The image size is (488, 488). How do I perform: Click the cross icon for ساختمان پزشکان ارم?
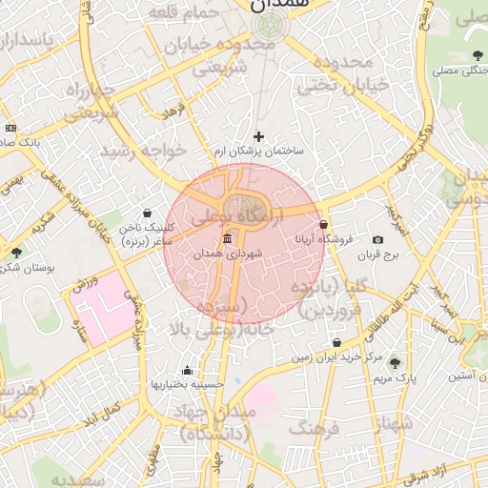tap(257, 136)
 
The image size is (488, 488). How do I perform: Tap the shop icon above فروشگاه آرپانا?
tap(324, 225)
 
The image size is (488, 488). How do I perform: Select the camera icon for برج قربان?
tap(378, 239)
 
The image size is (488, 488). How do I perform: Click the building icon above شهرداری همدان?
tap(227, 239)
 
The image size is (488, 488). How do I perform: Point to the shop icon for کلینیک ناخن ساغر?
tap(147, 213)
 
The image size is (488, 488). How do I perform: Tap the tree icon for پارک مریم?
tap(395, 363)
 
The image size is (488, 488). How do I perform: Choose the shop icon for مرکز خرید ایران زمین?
tap(336, 343)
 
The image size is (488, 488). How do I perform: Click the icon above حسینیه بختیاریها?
tap(187, 370)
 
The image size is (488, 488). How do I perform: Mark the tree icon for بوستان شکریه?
tap(16, 253)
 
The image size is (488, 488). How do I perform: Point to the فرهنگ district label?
tap(314, 429)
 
